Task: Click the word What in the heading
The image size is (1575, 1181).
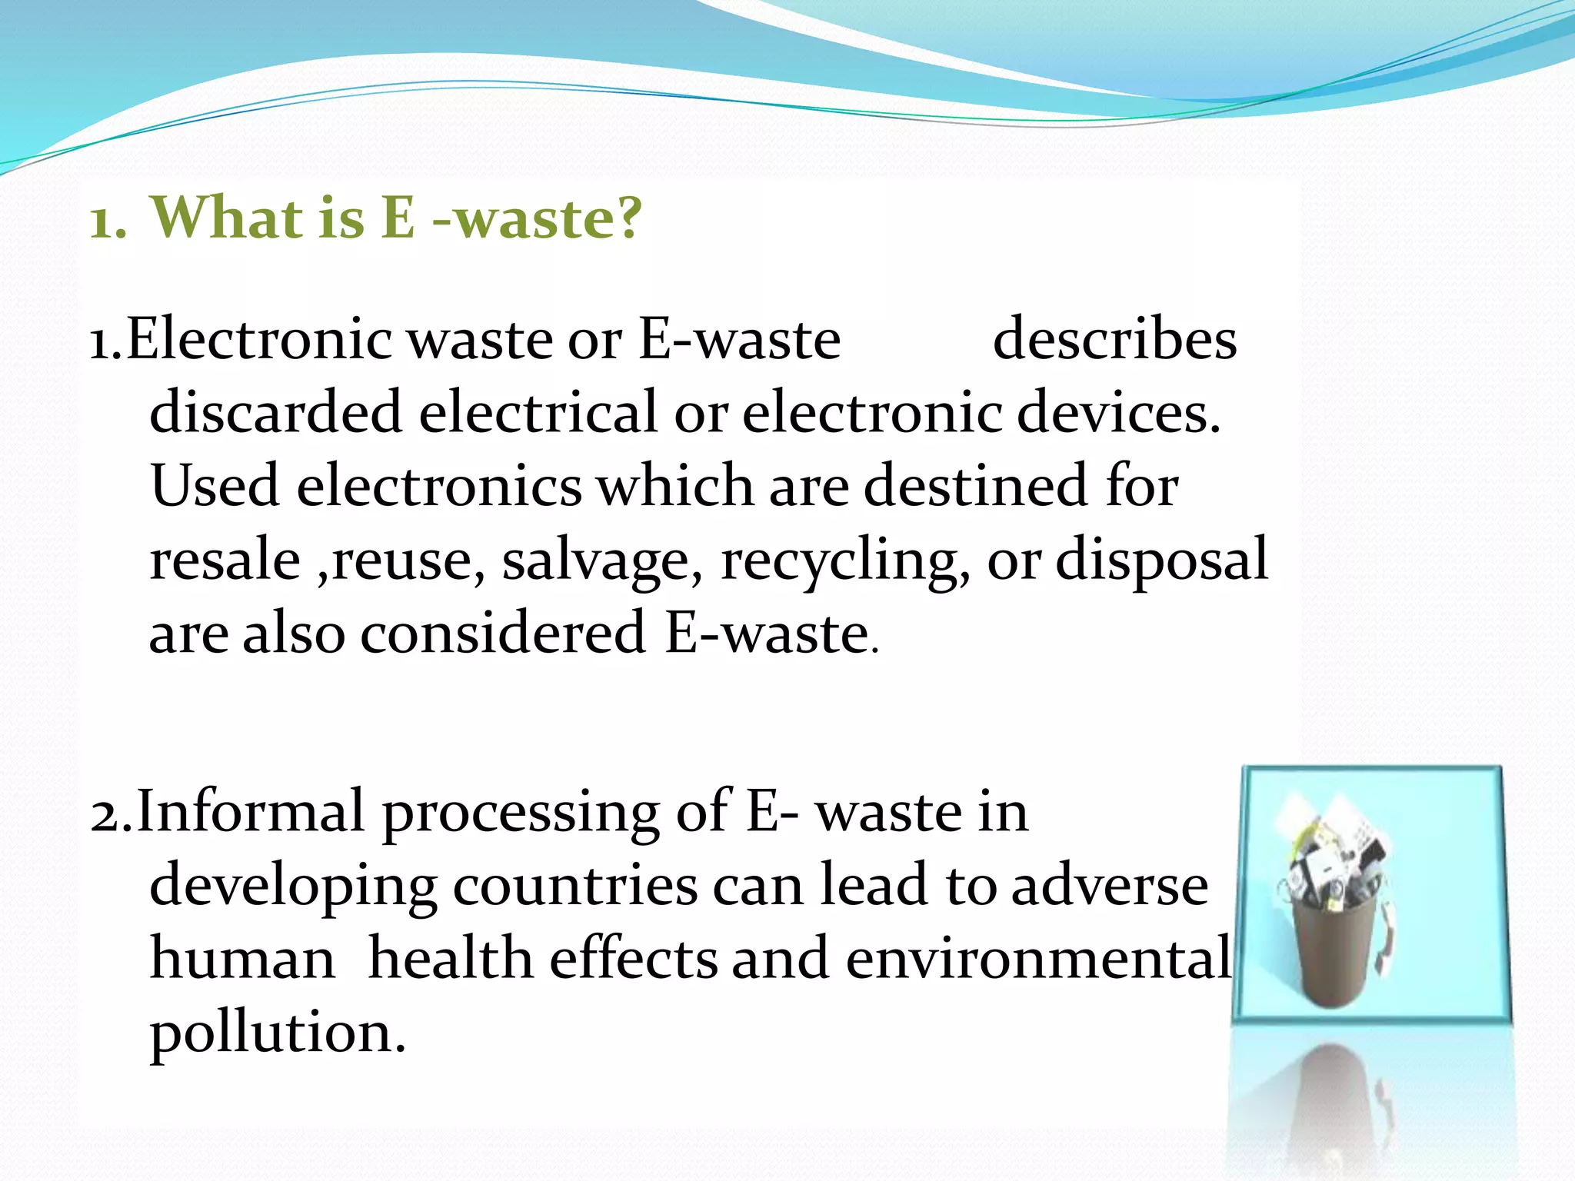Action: (228, 218)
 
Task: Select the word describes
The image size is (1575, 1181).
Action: (1114, 339)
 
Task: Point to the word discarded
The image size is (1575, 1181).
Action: (275, 412)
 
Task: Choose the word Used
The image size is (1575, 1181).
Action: (215, 486)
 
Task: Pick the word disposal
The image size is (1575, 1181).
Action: (1161, 559)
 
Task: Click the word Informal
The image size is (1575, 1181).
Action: (250, 811)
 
